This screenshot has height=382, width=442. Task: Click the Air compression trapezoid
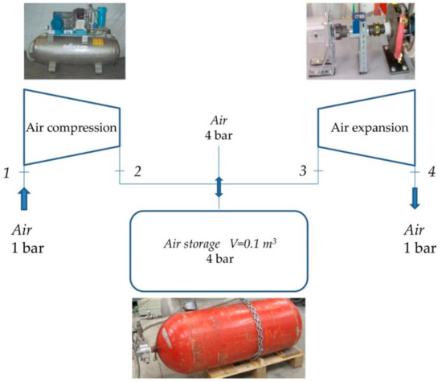(x=72, y=127)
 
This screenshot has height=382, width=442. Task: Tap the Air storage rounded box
(x=219, y=250)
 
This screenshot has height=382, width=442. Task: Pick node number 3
(x=303, y=172)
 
